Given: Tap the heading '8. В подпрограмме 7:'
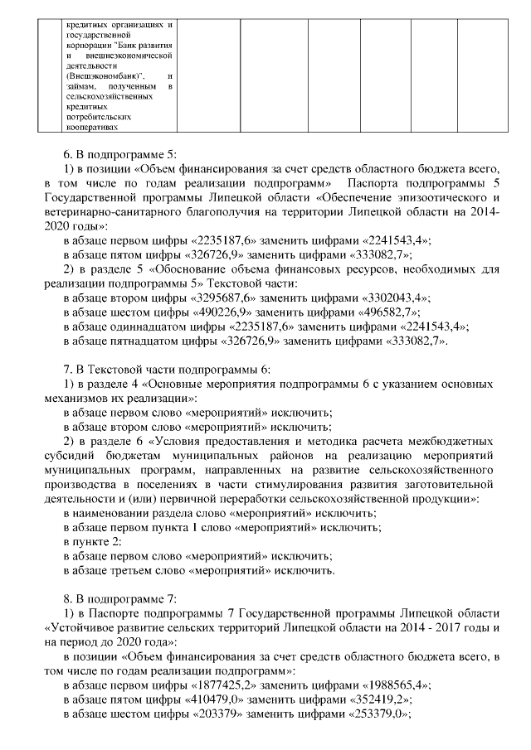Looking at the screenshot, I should tap(120, 596).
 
